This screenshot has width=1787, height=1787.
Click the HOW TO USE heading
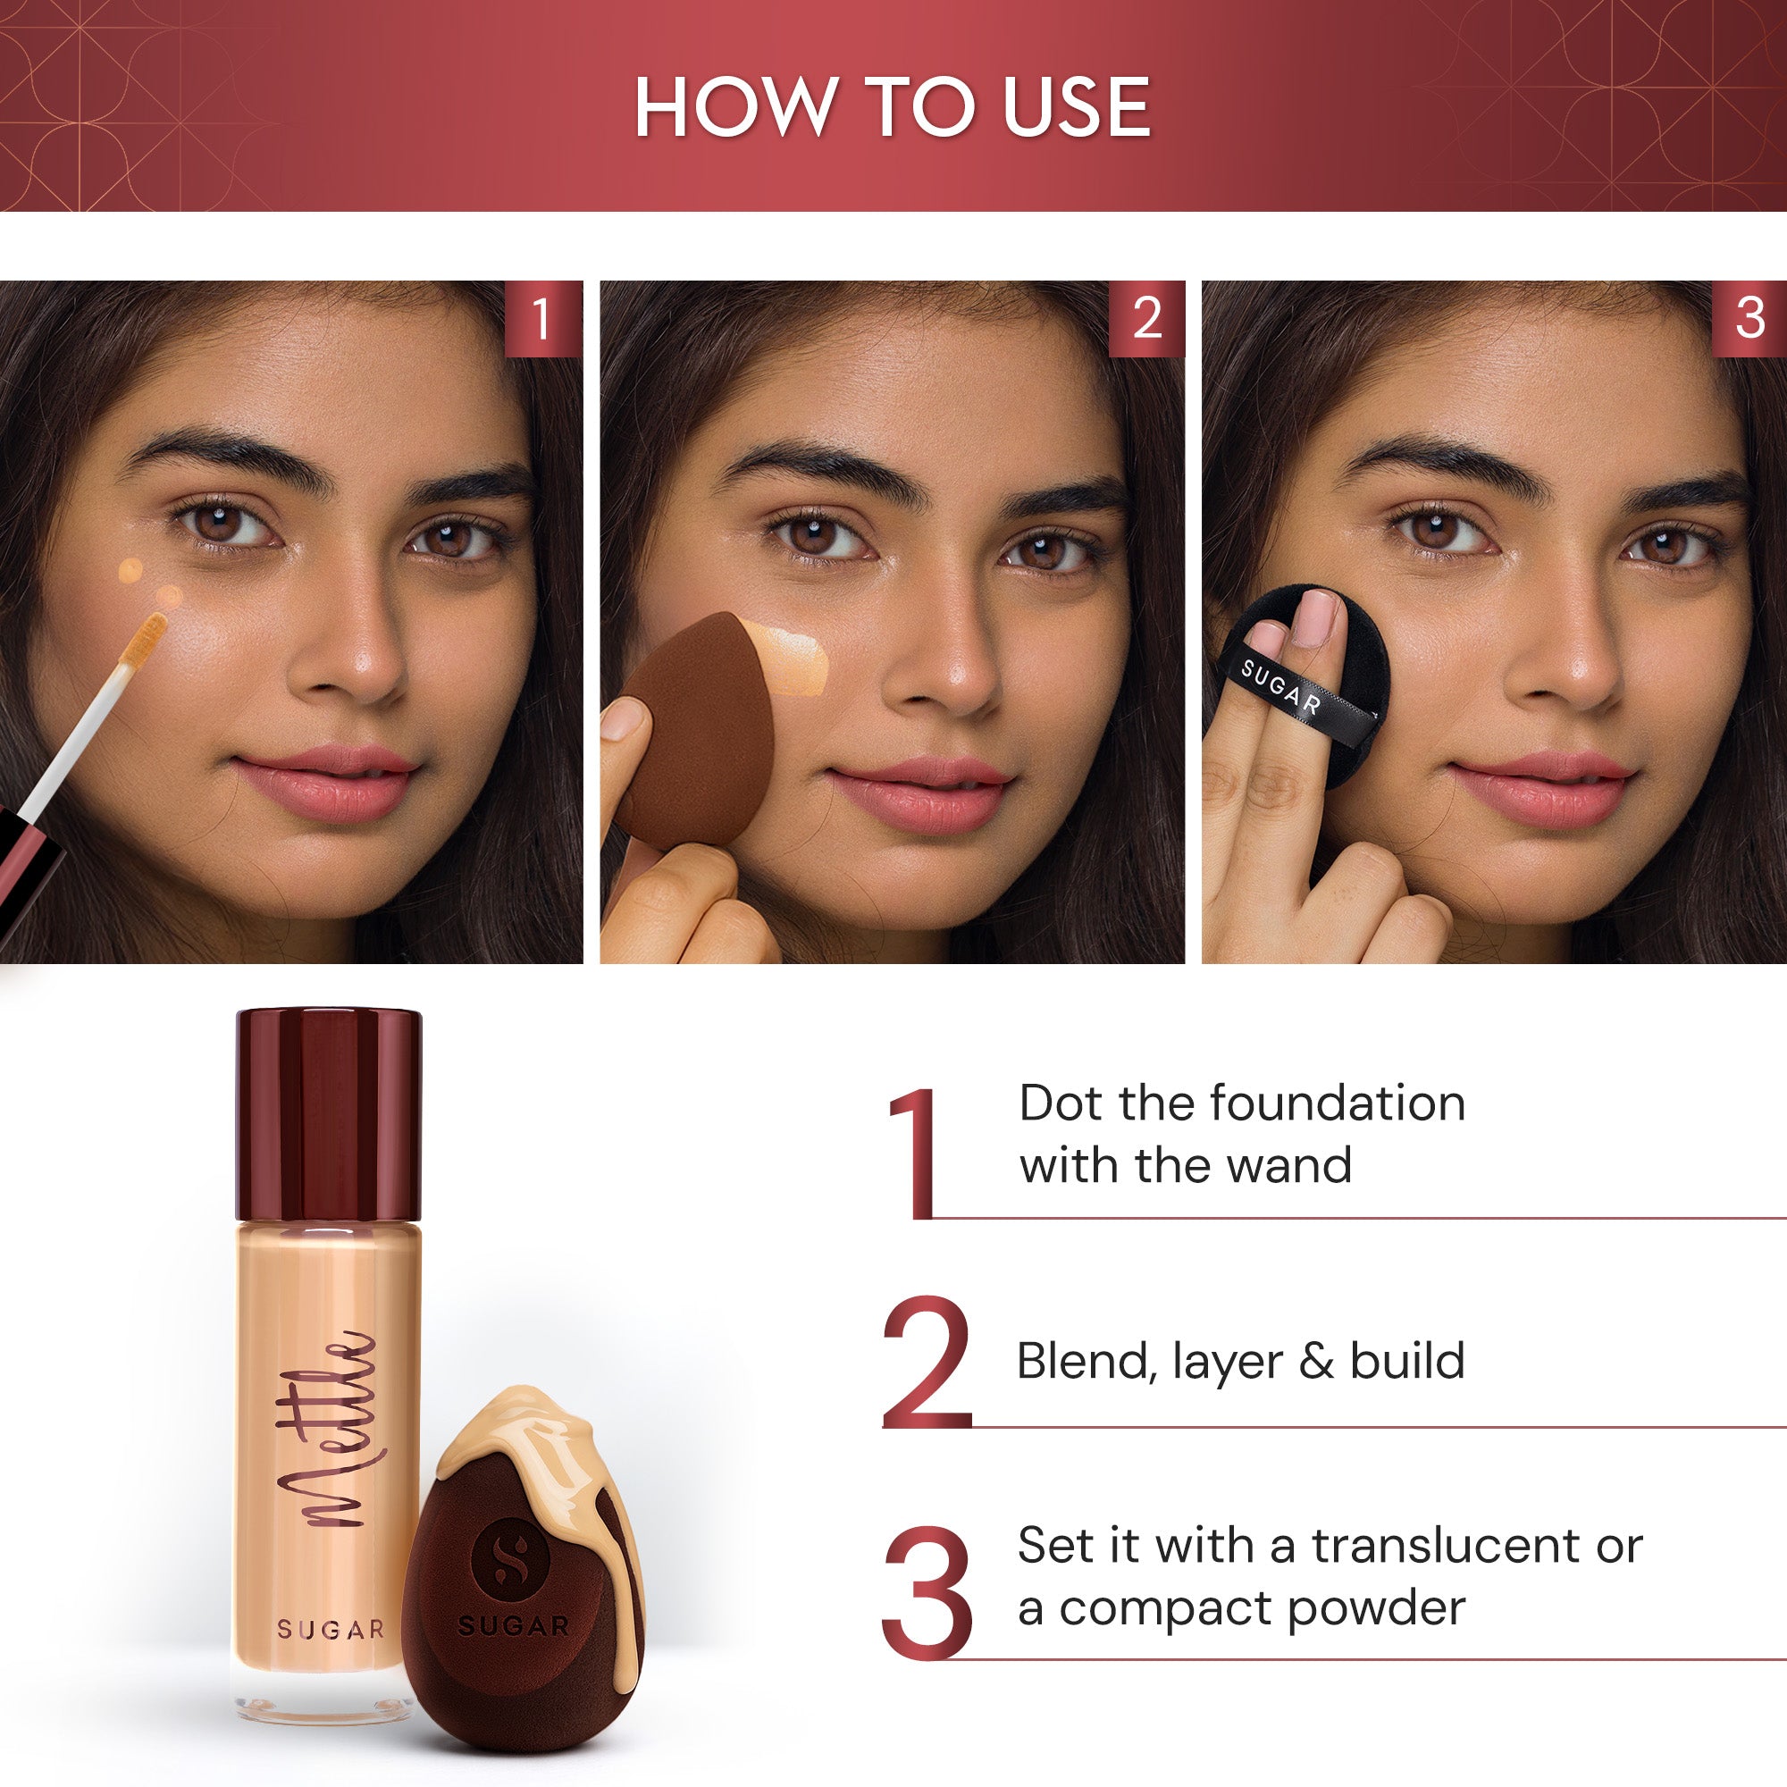click(x=893, y=108)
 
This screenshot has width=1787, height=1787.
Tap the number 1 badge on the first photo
click(x=543, y=319)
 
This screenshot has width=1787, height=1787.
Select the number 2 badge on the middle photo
click(x=1146, y=319)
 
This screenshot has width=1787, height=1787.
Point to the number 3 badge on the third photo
click(x=1749, y=319)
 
